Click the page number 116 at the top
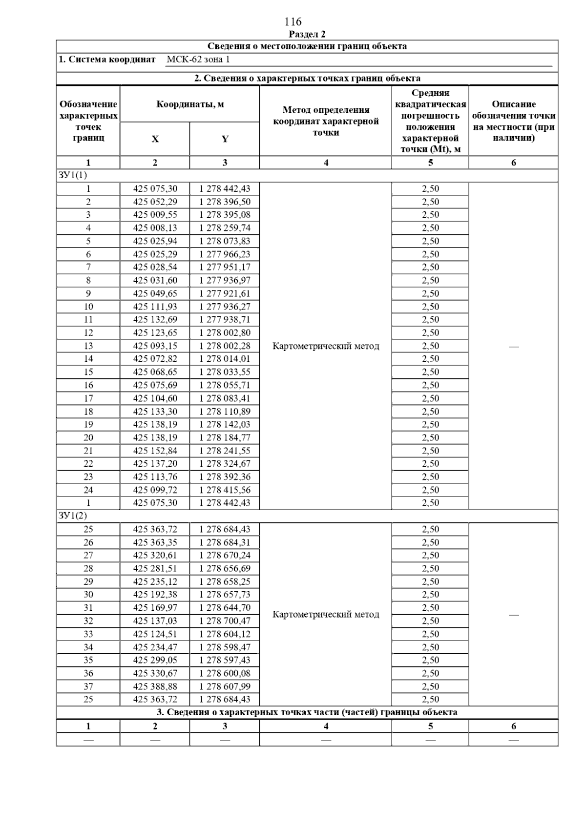(x=293, y=21)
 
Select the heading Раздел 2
(x=307, y=34)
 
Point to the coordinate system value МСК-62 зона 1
(x=198, y=60)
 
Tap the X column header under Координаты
(x=155, y=139)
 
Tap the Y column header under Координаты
(x=225, y=139)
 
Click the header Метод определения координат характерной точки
(x=326, y=121)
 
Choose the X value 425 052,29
(x=155, y=202)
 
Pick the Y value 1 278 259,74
(x=225, y=228)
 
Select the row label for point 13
(x=88, y=346)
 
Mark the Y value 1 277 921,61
(x=225, y=293)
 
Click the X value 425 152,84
(x=155, y=451)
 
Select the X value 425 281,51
(x=155, y=568)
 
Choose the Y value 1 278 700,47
(x=225, y=621)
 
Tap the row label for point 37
(x=88, y=686)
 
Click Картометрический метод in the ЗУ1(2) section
(x=326, y=614)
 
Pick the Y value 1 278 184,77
(x=225, y=437)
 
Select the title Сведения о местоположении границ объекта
(x=307, y=46)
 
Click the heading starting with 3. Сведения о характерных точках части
(x=307, y=712)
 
